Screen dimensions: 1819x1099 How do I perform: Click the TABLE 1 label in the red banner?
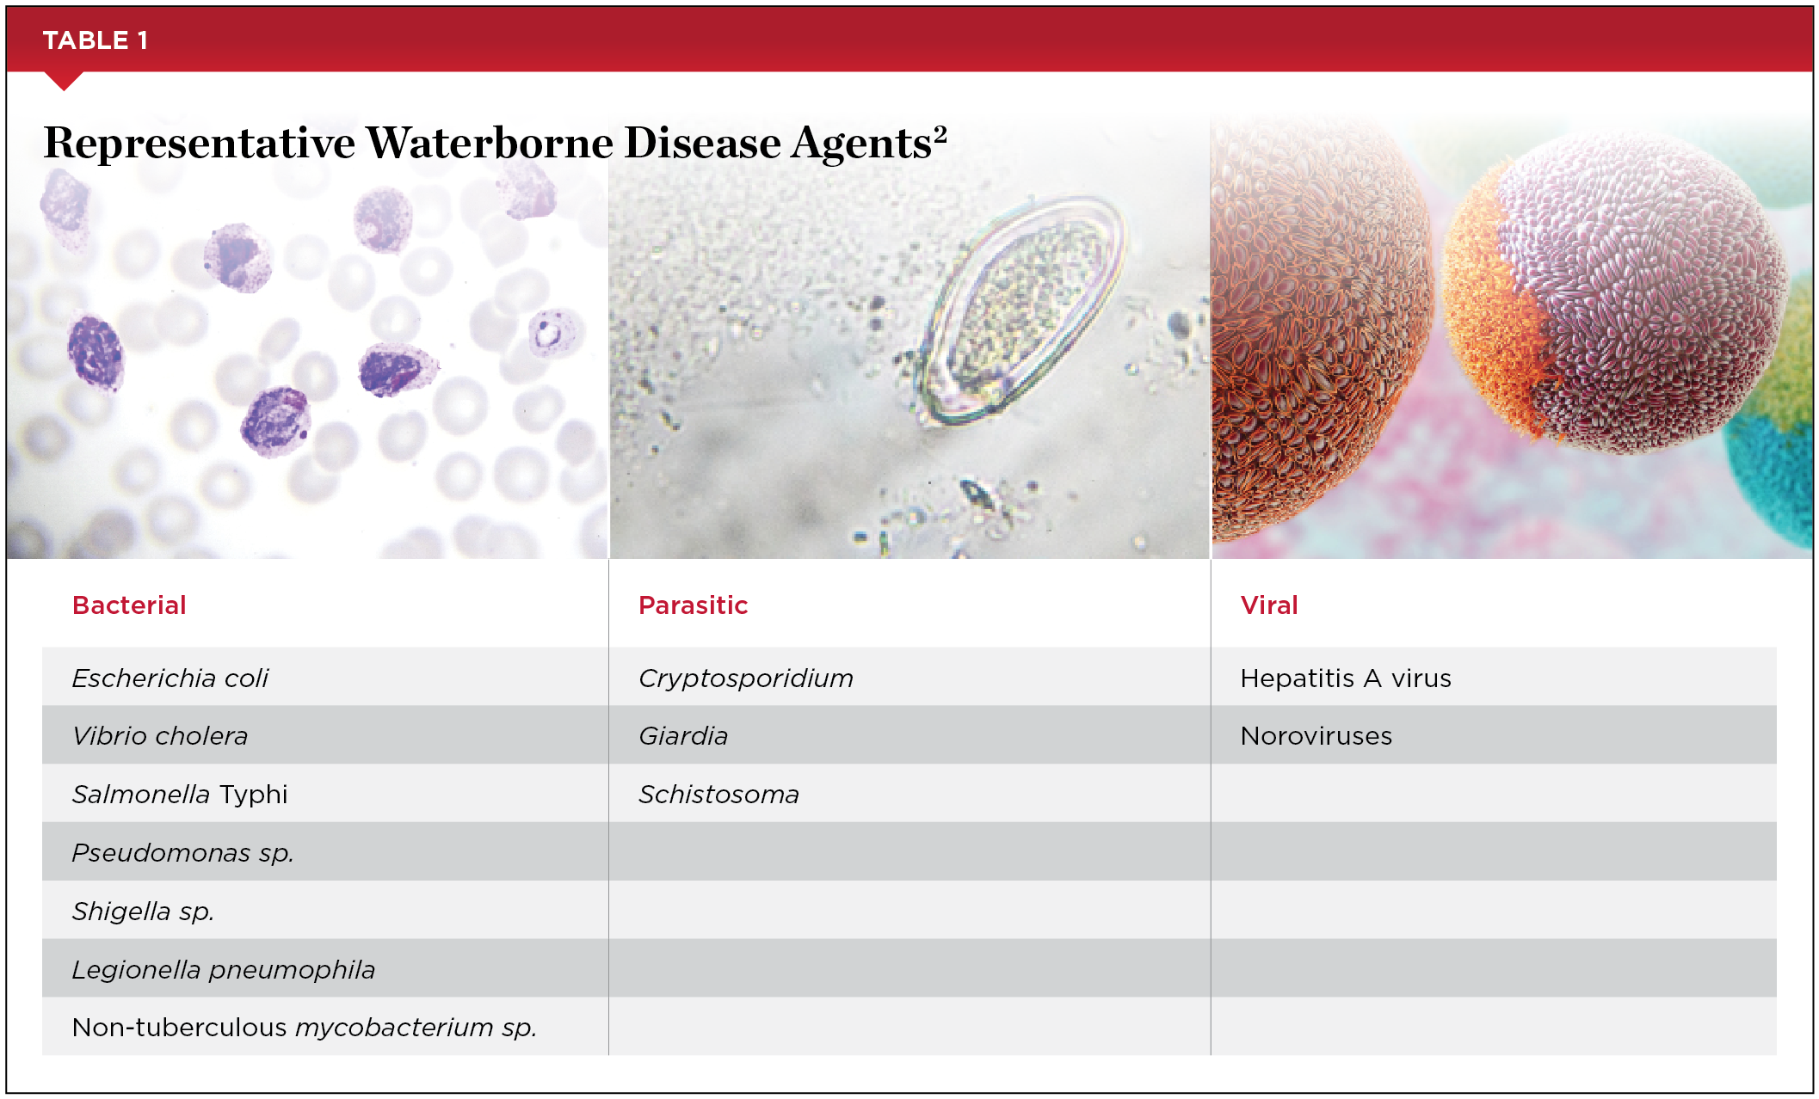pyautogui.click(x=96, y=40)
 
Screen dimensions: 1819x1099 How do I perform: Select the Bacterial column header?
pyautogui.click(x=129, y=605)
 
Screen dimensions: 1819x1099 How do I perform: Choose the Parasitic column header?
pyautogui.click(x=693, y=605)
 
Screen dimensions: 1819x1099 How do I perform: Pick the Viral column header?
pyautogui.click(x=1269, y=605)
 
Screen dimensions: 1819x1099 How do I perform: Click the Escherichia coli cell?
pyautogui.click(x=170, y=678)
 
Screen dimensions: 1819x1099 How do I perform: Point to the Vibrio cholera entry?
pyautogui.click(x=160, y=736)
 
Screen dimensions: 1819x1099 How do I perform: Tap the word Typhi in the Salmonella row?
pyautogui.click(x=253, y=795)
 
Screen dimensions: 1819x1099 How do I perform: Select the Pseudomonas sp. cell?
pyautogui.click(x=183, y=853)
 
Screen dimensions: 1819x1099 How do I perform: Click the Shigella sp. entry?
pyautogui.click(x=143, y=911)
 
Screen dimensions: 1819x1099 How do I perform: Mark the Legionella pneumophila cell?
pyautogui.click(x=224, y=969)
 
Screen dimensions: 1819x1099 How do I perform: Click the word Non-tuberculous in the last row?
pyautogui.click(x=179, y=1027)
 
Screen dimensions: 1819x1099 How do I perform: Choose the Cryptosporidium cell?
pyautogui.click(x=746, y=678)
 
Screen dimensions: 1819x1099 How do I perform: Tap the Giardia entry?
pyautogui.click(x=683, y=736)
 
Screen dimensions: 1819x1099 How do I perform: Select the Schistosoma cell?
pyautogui.click(x=718, y=795)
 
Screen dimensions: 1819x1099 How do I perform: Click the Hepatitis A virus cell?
pyautogui.click(x=1346, y=678)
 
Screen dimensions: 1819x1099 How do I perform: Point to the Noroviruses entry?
pyautogui.click(x=1316, y=736)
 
